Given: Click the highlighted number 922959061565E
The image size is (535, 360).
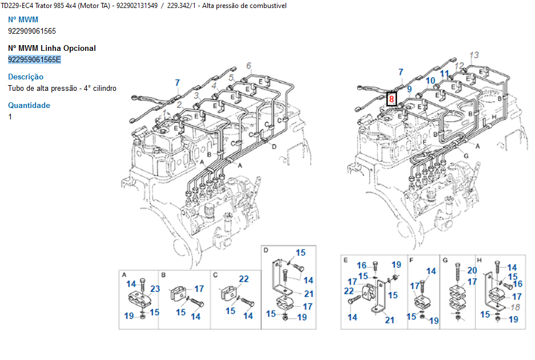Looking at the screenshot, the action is (34, 59).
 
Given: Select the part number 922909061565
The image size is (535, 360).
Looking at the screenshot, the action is (32, 31).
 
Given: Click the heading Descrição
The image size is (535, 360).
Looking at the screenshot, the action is (26, 77).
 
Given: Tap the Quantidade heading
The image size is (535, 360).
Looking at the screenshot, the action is (29, 105).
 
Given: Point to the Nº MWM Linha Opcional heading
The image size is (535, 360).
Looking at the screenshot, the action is (52, 48).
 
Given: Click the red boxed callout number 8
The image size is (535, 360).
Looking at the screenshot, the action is (391, 99).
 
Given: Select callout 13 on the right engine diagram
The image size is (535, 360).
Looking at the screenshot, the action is (474, 55).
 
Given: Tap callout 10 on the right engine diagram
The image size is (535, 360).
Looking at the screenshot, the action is (431, 81).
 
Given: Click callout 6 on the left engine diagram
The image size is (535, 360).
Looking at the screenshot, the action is (249, 65).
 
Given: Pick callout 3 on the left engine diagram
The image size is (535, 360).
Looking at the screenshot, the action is (196, 95).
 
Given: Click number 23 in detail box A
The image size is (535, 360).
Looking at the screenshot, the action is (155, 289).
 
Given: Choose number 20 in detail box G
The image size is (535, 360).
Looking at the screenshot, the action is (472, 270).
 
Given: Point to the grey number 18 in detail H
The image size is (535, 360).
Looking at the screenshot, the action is (515, 307).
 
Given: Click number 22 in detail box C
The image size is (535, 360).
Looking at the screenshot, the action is (244, 279).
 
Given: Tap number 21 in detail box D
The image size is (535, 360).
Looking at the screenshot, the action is (309, 294).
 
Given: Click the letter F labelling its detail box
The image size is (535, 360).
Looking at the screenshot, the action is (411, 260).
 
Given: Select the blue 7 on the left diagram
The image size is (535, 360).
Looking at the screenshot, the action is (178, 83).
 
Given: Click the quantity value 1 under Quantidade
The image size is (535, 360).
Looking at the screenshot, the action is (10, 117).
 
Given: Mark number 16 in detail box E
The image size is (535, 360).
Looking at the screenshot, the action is (361, 265).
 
